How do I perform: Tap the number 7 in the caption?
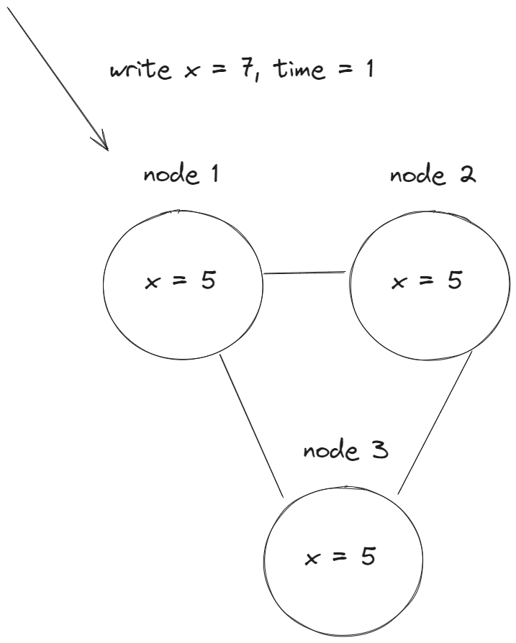click(x=244, y=71)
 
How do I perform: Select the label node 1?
click(x=181, y=175)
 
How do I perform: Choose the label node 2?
click(x=432, y=175)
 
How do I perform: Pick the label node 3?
click(x=345, y=452)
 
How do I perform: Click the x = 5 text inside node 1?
click(x=181, y=281)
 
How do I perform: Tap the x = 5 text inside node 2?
click(x=427, y=281)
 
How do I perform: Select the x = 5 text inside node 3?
click(x=340, y=557)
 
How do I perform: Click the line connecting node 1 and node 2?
click(x=305, y=273)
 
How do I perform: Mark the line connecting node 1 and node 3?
click(x=252, y=424)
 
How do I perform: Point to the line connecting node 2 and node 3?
click(x=436, y=421)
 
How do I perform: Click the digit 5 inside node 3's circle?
click(x=368, y=557)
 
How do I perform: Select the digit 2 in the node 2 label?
click(x=468, y=175)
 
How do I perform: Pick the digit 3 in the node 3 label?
click(x=381, y=451)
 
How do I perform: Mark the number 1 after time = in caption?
click(x=368, y=71)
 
